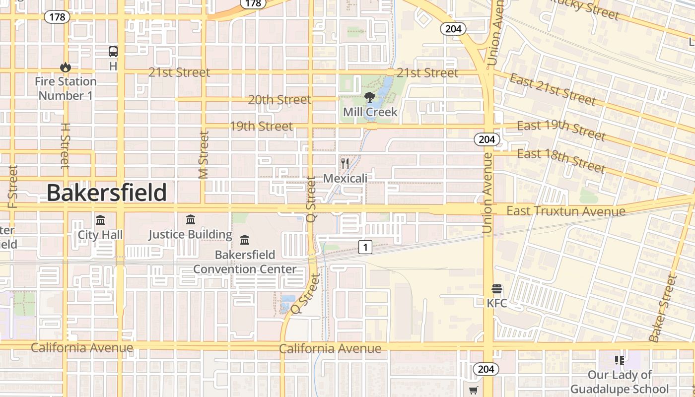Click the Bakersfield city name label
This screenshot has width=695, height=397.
(x=107, y=193)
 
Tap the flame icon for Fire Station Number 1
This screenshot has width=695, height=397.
(x=65, y=67)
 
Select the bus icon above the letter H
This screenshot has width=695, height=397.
(x=113, y=51)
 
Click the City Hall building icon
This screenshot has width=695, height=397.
(x=100, y=220)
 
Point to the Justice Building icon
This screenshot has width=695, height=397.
(x=191, y=219)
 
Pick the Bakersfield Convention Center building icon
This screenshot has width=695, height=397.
(x=245, y=240)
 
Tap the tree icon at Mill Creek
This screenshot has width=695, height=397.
(x=369, y=97)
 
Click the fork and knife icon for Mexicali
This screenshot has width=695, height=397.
(x=345, y=163)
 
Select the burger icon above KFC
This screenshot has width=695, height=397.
(x=497, y=289)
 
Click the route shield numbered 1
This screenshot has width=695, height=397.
(x=365, y=247)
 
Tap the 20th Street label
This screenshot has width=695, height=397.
(x=279, y=100)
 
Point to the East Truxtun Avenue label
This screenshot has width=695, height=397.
(x=565, y=211)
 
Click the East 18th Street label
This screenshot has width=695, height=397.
(x=561, y=160)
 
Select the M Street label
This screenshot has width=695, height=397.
(x=204, y=154)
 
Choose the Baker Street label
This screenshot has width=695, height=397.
(x=663, y=308)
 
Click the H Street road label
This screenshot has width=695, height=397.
(x=65, y=145)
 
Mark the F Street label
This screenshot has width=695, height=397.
(x=13, y=186)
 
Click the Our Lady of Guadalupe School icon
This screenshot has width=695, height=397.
(x=619, y=360)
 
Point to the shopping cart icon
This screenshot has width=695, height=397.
(x=473, y=391)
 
